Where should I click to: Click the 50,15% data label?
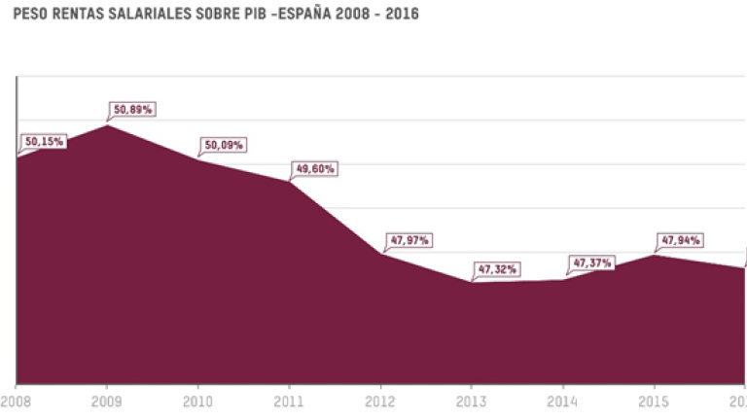click(44, 142)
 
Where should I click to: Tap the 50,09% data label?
click(224, 146)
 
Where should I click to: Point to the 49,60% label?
click(314, 169)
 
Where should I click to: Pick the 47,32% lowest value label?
click(496, 268)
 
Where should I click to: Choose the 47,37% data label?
click(591, 262)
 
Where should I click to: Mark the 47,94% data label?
click(681, 240)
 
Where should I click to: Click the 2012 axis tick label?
click(380, 400)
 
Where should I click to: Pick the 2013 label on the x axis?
click(472, 400)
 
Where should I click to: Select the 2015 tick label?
click(654, 400)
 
